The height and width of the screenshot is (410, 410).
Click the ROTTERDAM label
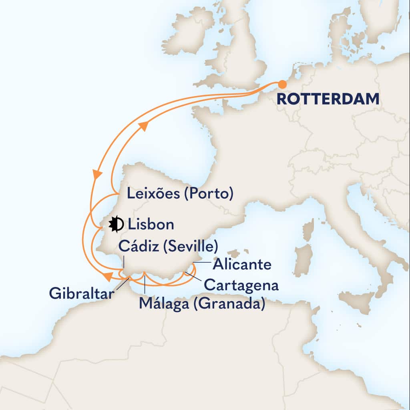click(328, 100)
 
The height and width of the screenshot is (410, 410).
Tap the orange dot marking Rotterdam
click(282, 84)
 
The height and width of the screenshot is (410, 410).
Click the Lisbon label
click(150, 225)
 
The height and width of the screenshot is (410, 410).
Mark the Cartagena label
click(241, 285)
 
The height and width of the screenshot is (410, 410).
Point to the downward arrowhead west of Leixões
click(96, 175)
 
